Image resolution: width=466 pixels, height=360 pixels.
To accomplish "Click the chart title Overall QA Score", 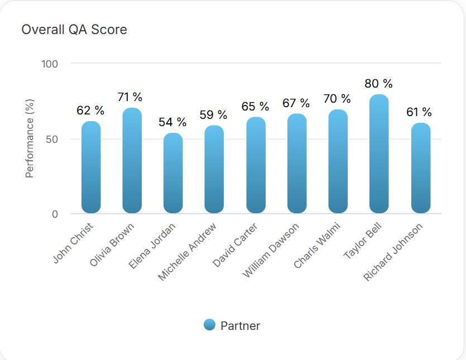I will click(74, 30).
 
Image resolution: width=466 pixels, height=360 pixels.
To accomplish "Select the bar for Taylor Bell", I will click(379, 153).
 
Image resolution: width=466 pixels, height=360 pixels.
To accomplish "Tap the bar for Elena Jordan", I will click(173, 173).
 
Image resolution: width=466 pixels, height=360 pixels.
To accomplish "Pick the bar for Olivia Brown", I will click(132, 160).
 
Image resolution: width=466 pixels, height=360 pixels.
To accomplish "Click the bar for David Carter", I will click(256, 165).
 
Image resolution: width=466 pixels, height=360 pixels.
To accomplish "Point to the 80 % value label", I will click(379, 84).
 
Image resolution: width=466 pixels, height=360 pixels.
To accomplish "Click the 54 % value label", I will click(173, 122).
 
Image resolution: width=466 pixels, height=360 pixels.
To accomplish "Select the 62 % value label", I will click(91, 111).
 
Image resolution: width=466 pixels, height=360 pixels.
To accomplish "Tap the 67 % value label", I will click(296, 103).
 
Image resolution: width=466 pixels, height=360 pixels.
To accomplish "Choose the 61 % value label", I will click(420, 112).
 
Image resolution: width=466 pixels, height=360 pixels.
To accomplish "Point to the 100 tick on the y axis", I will click(50, 64).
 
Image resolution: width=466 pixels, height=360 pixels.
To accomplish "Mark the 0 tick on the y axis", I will click(55, 214).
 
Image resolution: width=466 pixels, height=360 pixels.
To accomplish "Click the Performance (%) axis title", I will click(30, 138).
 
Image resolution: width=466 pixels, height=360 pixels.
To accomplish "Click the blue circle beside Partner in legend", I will click(210, 325).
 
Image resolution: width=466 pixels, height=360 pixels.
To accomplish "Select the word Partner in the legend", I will click(240, 326).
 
